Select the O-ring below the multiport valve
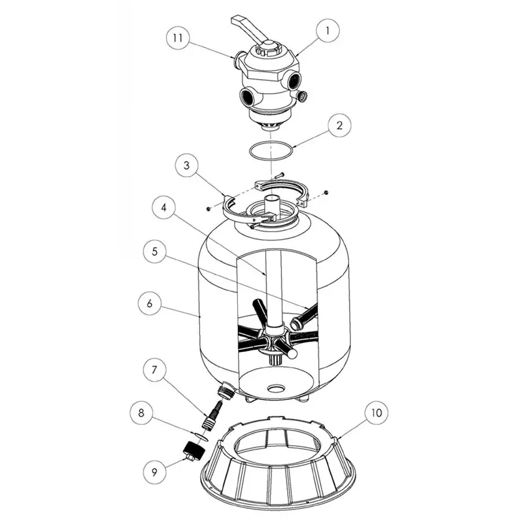pyautogui.click(x=271, y=150)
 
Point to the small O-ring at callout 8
pyautogui.click(x=200, y=434)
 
